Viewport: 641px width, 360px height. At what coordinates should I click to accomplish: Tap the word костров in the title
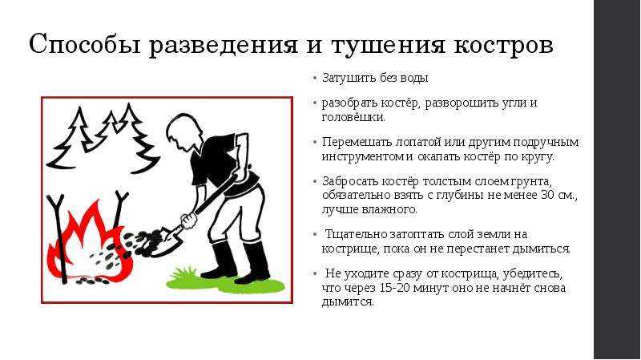(x=504, y=44)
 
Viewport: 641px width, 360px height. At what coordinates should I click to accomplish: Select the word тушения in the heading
(x=387, y=45)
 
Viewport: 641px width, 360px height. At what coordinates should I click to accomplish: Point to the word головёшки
(x=353, y=117)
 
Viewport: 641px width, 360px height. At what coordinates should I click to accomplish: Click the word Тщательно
(x=356, y=234)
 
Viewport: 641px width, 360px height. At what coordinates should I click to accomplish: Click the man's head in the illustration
(x=183, y=132)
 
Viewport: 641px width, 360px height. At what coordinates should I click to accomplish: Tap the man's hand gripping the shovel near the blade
(x=189, y=221)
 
